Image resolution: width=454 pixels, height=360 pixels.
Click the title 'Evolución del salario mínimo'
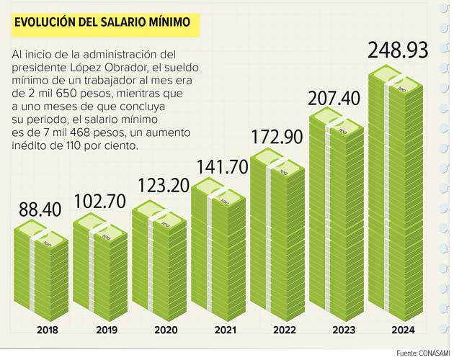[102, 22]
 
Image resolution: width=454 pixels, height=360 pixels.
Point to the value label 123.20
[160, 184]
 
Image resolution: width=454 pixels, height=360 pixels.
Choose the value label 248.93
[397, 51]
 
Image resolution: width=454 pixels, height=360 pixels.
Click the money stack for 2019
[100, 270]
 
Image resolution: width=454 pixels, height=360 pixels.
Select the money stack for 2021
[219, 252]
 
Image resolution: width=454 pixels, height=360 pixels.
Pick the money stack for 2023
[337, 216]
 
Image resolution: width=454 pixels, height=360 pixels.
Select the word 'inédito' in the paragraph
[30, 145]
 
